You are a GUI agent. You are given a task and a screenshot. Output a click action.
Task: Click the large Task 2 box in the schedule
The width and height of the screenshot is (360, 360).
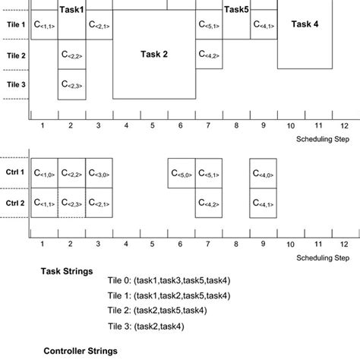click(154, 54)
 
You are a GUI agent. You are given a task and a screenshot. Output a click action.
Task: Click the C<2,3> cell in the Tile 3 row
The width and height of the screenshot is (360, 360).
click(71, 84)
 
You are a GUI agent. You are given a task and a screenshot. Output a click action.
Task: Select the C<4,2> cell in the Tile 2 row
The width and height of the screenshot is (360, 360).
click(209, 55)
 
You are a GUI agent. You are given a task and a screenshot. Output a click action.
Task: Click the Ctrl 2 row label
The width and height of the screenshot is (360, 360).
click(16, 204)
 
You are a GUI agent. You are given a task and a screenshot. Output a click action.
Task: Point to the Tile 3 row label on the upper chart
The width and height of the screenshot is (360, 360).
click(16, 84)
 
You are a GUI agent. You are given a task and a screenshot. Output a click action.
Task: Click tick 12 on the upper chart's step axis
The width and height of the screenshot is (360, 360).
click(344, 125)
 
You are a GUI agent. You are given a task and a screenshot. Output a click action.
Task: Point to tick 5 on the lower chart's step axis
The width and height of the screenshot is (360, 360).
click(153, 245)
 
